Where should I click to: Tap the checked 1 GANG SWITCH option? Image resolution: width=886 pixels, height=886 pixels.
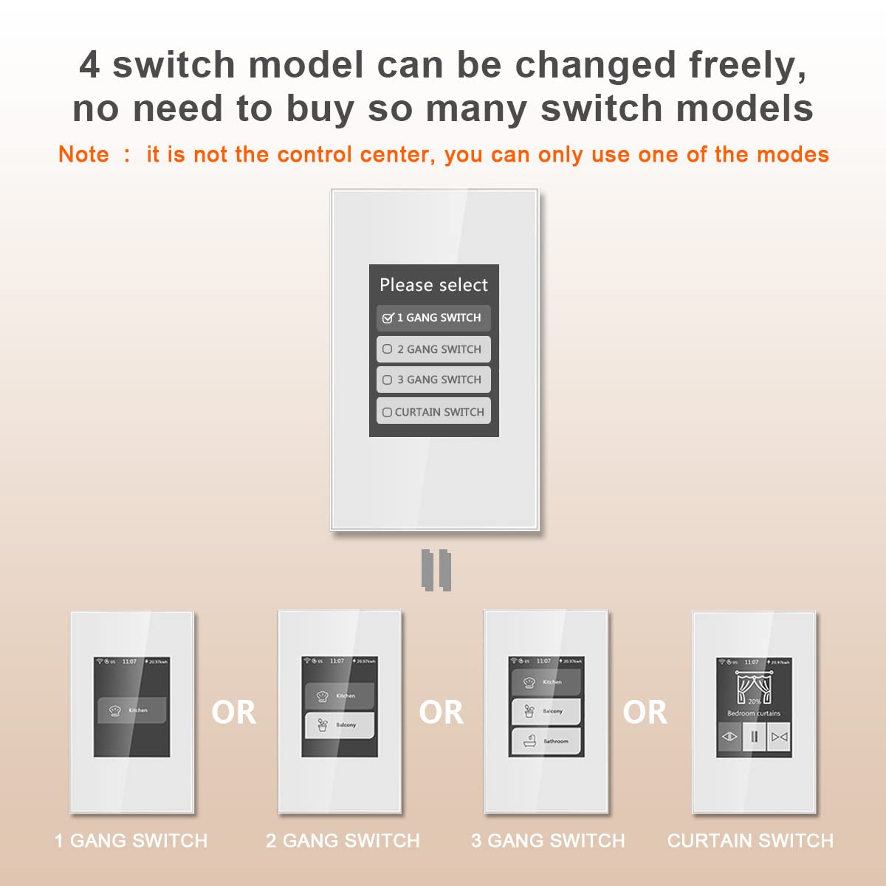click(x=433, y=317)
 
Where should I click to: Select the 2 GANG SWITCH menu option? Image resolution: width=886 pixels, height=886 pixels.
click(x=433, y=349)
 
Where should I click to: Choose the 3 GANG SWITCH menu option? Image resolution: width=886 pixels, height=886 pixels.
click(x=433, y=380)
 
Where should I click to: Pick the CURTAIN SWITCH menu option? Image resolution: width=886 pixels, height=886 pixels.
click(x=433, y=412)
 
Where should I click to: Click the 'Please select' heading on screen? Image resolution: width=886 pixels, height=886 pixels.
click(x=433, y=285)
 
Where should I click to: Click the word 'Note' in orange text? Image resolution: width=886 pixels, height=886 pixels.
click(x=83, y=154)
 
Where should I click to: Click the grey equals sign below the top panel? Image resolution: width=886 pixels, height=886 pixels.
click(x=436, y=570)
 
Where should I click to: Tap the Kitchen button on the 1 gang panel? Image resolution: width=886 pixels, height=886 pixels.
click(x=132, y=710)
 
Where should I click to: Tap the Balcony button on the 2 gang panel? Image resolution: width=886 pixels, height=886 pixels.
click(x=340, y=725)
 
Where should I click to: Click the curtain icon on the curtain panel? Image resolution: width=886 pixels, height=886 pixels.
click(x=753, y=688)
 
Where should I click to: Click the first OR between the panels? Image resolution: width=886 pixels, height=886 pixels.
click(x=233, y=712)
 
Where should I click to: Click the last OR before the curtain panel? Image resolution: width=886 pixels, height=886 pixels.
click(x=645, y=712)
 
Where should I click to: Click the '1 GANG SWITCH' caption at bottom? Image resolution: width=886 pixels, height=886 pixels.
click(x=131, y=840)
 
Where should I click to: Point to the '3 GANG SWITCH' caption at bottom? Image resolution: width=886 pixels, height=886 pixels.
click(x=548, y=840)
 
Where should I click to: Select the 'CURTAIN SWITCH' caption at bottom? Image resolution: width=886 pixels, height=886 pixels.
click(x=750, y=840)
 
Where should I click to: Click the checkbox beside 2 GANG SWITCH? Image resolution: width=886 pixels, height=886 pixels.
click(x=388, y=349)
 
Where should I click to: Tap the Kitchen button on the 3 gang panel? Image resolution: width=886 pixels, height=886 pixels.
click(x=546, y=682)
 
